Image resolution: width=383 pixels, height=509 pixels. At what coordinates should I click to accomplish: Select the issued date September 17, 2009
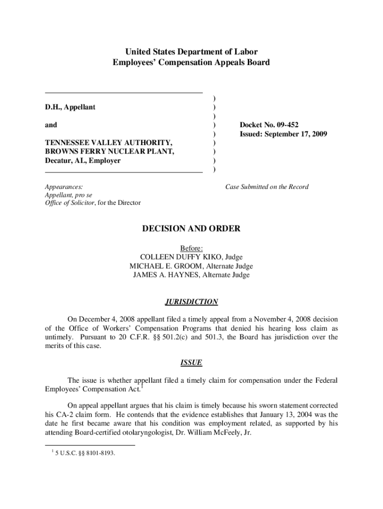tap(297, 134)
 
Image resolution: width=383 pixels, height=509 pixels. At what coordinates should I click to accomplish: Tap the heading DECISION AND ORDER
tap(191, 229)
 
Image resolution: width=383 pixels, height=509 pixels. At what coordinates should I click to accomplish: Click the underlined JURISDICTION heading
tap(191, 302)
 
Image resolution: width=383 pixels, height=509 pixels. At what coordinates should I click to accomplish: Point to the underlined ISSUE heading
tap(191, 363)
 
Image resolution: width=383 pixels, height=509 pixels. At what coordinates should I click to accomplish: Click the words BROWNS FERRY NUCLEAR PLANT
tap(109, 152)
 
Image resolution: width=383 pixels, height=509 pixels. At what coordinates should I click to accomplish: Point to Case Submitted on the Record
tap(267, 187)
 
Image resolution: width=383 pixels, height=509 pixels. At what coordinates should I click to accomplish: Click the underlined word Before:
tap(191, 248)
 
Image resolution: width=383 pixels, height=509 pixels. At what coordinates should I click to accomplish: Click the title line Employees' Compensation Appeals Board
tap(191, 63)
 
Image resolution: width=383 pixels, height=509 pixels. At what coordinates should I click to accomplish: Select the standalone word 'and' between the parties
tap(51, 125)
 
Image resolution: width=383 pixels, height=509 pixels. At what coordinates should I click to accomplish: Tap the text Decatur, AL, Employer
tap(83, 161)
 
